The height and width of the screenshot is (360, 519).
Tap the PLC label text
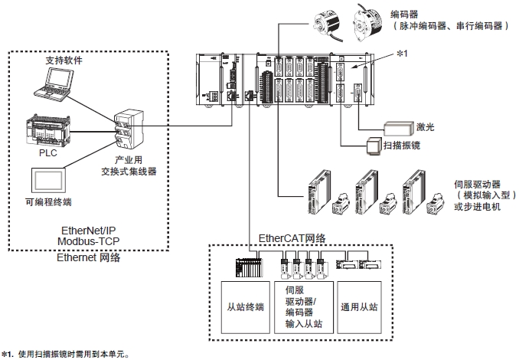click(x=48, y=153)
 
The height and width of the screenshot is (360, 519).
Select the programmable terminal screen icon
click(x=48, y=180)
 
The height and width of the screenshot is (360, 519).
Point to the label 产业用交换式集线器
click(x=131, y=166)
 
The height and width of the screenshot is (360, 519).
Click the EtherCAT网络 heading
click(x=294, y=238)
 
